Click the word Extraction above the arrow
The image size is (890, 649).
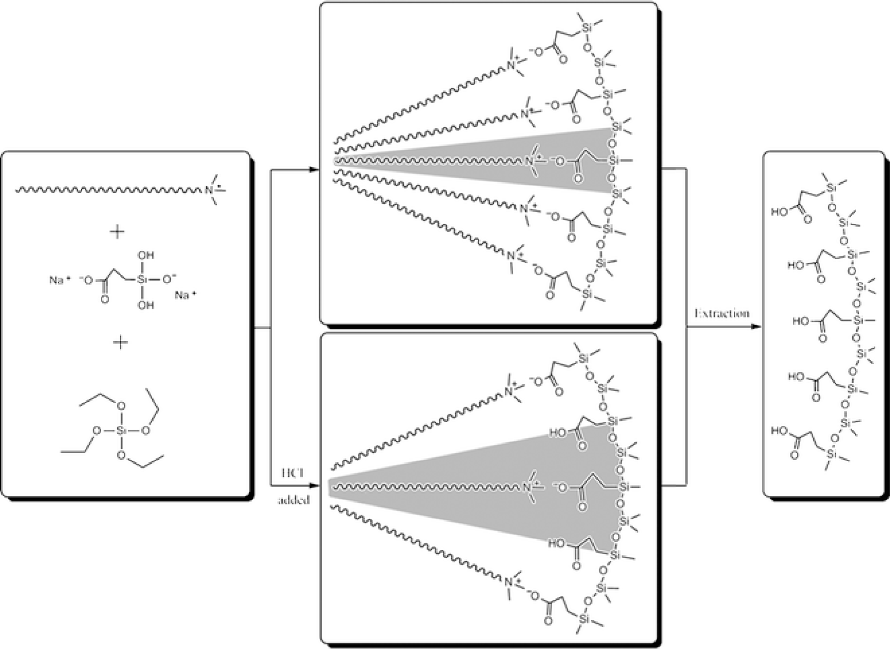[721, 314]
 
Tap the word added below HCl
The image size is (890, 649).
[294, 500]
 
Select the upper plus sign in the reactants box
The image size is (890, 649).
[117, 232]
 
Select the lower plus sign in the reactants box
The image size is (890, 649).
[120, 342]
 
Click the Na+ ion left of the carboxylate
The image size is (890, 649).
[58, 280]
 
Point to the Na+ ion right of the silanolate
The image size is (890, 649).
[185, 295]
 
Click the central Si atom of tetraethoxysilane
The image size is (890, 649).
[122, 431]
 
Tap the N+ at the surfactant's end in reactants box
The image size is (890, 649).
[210, 190]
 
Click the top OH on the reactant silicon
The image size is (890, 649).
[146, 255]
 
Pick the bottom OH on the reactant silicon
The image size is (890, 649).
[146, 305]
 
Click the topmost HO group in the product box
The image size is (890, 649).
[780, 213]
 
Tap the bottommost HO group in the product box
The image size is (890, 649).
[780, 431]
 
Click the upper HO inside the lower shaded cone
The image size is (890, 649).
[557, 433]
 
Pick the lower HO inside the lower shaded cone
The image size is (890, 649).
[556, 544]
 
